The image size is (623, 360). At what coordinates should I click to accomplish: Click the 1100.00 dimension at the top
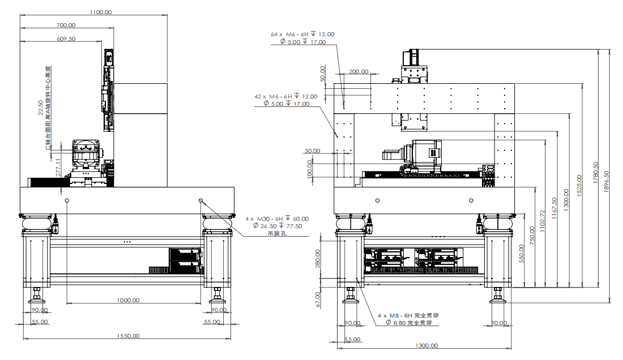(100, 12)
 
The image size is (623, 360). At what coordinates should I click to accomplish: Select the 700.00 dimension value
(66, 25)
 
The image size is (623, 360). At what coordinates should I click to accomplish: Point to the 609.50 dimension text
(66, 38)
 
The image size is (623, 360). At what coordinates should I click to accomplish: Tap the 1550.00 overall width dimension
(129, 336)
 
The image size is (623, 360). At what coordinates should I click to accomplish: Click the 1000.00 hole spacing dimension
(129, 301)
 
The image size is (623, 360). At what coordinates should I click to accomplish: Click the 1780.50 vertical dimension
(595, 173)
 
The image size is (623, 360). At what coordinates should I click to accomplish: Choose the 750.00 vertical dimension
(532, 235)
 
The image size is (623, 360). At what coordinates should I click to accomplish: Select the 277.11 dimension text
(58, 168)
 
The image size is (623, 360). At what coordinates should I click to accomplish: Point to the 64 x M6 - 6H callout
(302, 34)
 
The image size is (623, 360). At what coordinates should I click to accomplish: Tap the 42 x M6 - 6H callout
(285, 96)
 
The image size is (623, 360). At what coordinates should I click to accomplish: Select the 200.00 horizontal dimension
(358, 72)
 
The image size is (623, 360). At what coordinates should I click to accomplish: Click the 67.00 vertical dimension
(318, 298)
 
